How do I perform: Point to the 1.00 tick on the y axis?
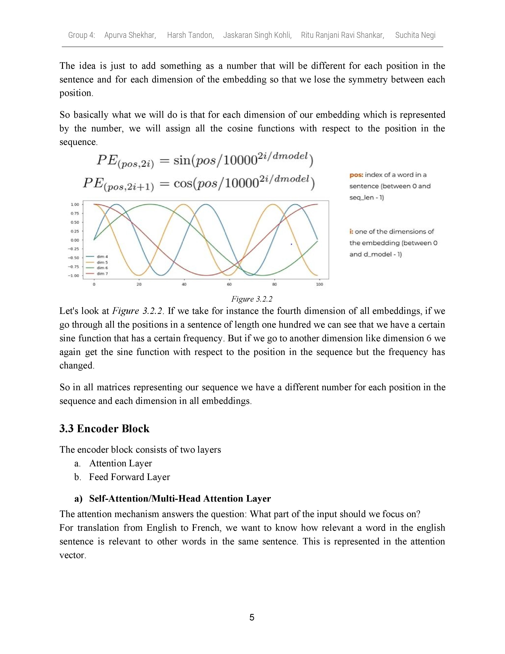pos(75,205)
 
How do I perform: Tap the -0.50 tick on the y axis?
pos(74,258)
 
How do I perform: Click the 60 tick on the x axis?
pos(229,284)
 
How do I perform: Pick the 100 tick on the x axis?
pos(319,284)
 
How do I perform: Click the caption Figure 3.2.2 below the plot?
pos(252,299)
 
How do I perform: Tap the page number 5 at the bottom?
pos(252,618)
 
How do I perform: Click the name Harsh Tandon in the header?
pos(190,35)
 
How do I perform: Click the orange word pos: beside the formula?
pos(356,175)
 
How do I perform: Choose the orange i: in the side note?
pos(351,231)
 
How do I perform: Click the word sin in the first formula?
pos(182,161)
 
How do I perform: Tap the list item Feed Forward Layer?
pos(129,477)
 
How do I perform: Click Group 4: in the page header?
pos(81,35)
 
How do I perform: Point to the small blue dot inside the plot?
pos(291,244)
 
